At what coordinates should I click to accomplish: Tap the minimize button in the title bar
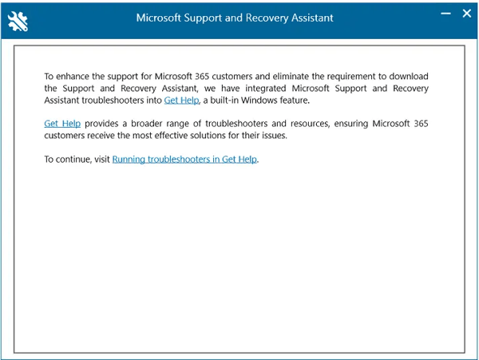tap(445, 14)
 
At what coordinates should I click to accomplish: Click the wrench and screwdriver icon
tap(17, 21)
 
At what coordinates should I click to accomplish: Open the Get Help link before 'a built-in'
tap(181, 101)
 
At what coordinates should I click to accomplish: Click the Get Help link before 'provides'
tap(61, 125)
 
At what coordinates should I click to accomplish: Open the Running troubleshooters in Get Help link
tap(185, 159)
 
